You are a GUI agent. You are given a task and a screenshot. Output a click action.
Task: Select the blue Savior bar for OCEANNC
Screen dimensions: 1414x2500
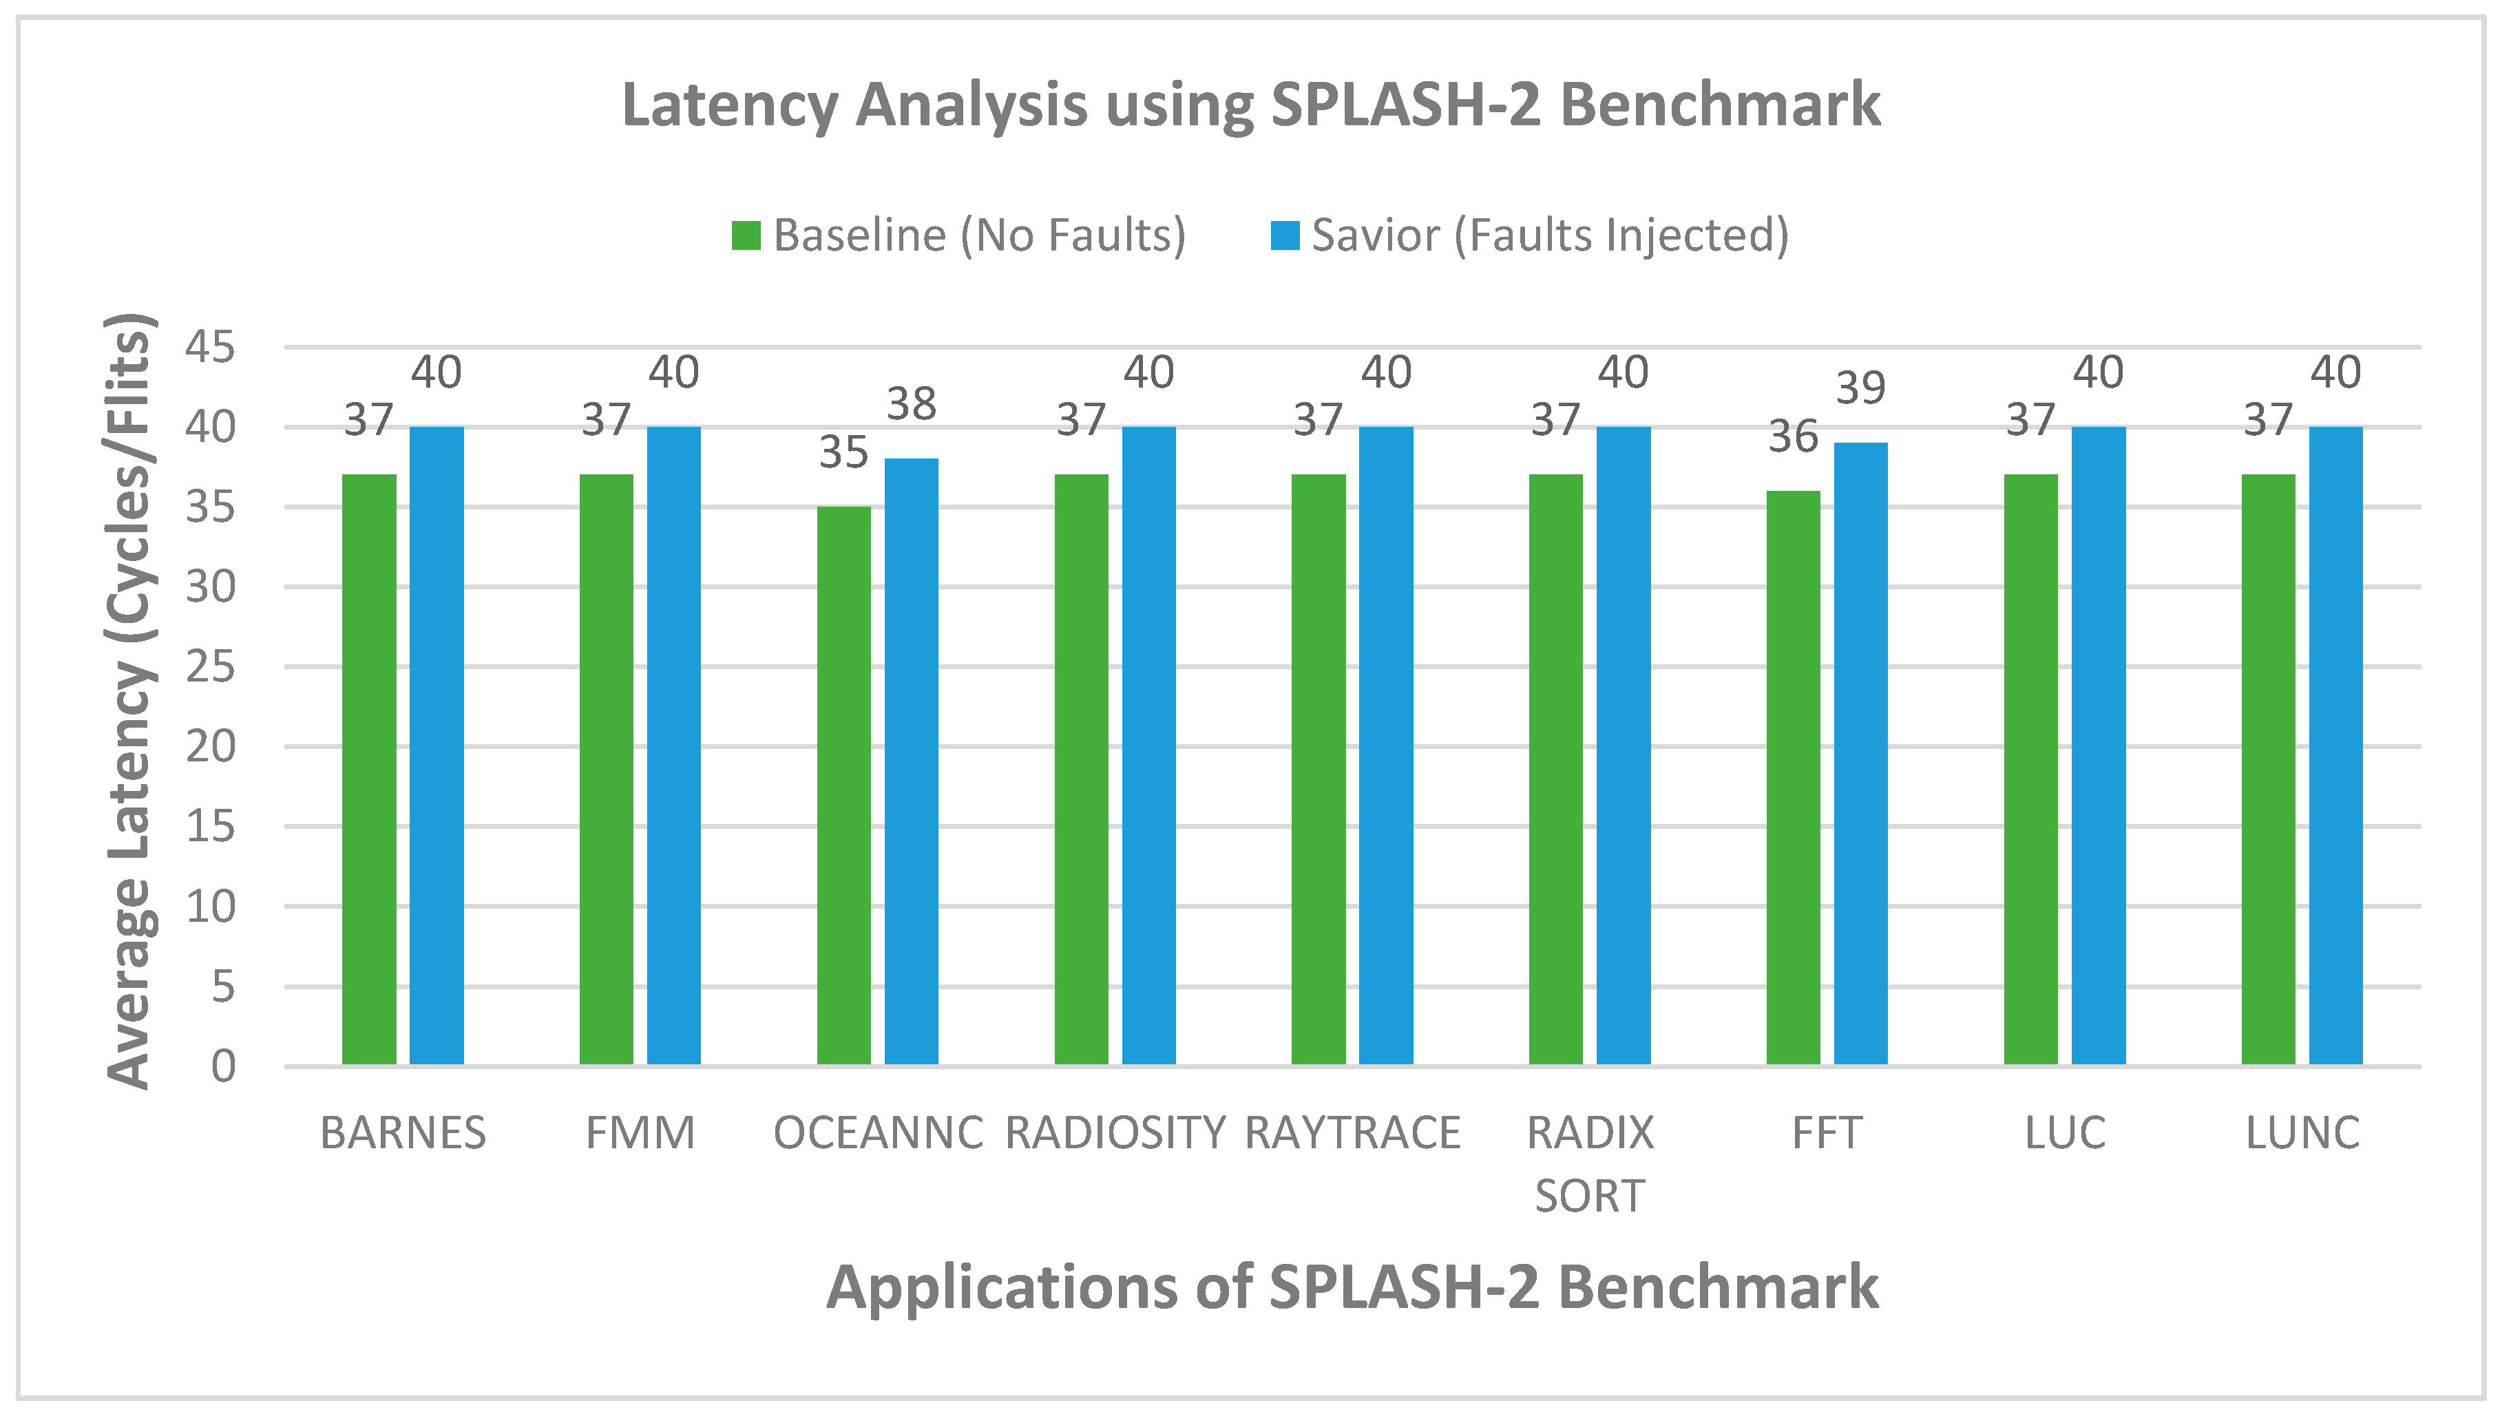[911, 761]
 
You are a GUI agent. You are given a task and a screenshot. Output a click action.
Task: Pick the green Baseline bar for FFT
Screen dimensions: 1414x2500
[1793, 777]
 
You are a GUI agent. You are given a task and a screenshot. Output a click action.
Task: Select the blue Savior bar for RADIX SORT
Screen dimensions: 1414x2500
[1623, 746]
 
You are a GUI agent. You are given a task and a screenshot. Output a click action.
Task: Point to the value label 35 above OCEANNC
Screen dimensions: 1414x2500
[843, 452]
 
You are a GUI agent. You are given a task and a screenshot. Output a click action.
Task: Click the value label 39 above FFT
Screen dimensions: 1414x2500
[1860, 388]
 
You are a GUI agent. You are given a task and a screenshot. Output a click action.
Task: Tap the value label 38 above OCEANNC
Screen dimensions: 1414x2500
[911, 405]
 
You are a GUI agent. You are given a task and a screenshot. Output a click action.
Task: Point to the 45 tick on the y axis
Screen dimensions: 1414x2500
[210, 348]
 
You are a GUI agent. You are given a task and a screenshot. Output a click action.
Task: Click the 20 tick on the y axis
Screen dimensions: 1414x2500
[210, 747]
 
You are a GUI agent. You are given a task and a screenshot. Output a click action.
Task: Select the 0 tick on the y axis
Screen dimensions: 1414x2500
[223, 1066]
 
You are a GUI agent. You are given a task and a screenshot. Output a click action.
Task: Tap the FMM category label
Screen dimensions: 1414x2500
[640, 1133]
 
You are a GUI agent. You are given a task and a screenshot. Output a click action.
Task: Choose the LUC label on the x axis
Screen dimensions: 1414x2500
[2065, 1133]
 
